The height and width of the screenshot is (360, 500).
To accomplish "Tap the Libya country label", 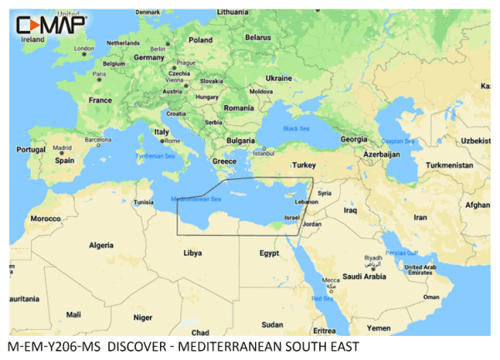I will click(192, 251).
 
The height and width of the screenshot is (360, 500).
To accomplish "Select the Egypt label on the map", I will click(268, 252).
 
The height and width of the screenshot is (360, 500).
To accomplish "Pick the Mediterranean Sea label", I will click(196, 199).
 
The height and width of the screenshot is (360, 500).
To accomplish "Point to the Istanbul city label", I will click(263, 152).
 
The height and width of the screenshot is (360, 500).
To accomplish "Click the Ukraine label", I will click(278, 77).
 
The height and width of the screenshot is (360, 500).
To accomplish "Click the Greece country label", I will click(225, 161).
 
